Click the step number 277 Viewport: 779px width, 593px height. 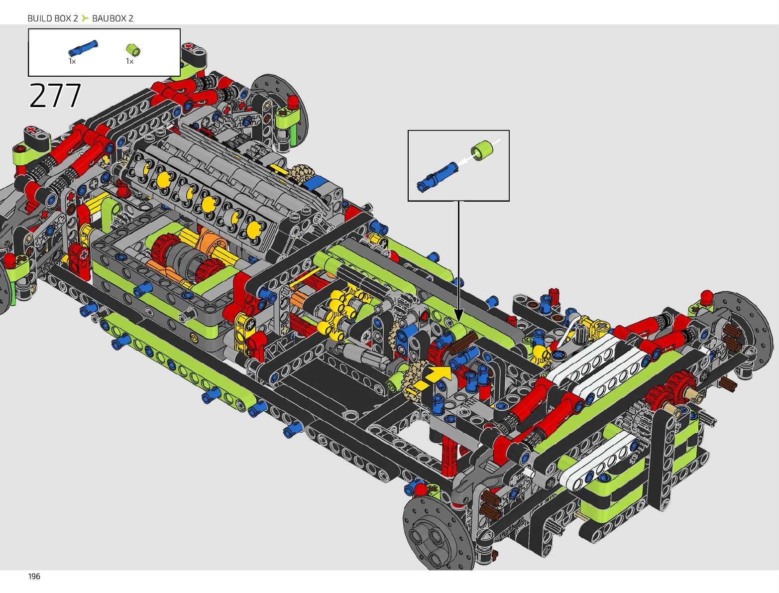pos(55,95)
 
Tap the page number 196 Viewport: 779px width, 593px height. pos(34,577)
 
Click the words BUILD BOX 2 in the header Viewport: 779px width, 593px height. pos(53,18)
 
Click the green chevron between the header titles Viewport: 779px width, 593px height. pos(85,18)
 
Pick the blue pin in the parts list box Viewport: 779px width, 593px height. pos(83,48)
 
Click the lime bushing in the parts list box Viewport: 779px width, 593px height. pos(133,50)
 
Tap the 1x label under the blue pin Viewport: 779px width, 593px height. pos(72,61)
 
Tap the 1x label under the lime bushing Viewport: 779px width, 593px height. pos(129,61)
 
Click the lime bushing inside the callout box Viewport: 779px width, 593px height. pos(482,150)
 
